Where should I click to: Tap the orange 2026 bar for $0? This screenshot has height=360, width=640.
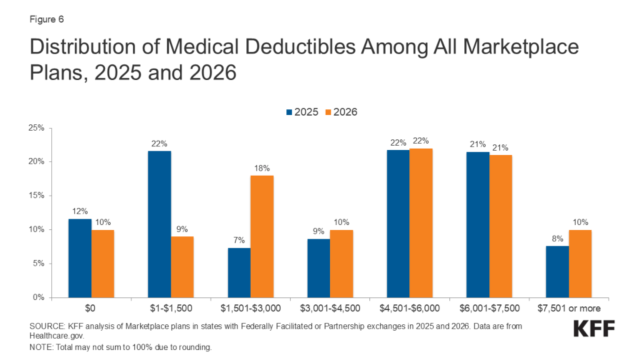pyautogui.click(x=102, y=263)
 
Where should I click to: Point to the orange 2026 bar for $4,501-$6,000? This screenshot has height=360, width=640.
pyautogui.click(x=421, y=222)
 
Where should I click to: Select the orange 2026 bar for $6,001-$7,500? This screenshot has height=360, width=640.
pyautogui.click(x=501, y=226)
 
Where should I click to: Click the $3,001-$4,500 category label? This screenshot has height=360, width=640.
pyautogui.click(x=330, y=309)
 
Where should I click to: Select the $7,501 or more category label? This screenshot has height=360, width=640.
pyautogui.click(x=569, y=309)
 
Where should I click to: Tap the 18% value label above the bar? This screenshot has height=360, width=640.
pyautogui.click(x=262, y=167)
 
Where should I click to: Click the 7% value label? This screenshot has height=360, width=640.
pyautogui.click(x=239, y=240)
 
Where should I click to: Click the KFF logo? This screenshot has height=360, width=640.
pyautogui.click(x=593, y=329)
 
